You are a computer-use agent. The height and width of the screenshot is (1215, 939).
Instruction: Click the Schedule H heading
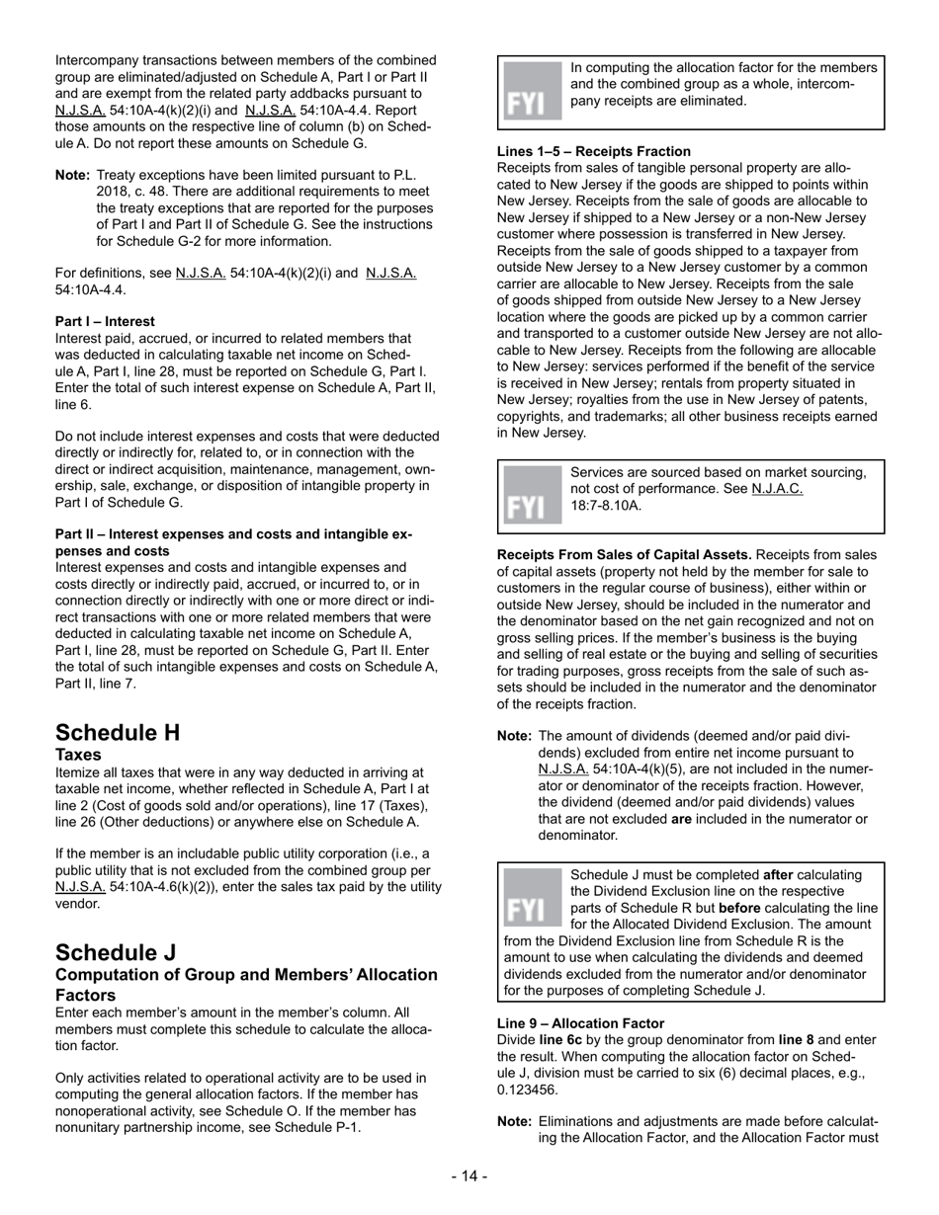coord(118,733)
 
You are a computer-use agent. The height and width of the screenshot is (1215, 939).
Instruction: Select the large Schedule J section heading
coord(116,952)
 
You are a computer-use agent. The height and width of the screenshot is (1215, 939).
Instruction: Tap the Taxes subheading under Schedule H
coord(79,754)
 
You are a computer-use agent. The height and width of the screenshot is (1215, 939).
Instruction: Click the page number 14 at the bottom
coord(469,1175)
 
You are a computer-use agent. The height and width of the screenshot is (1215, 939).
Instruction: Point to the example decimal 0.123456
coord(528,1090)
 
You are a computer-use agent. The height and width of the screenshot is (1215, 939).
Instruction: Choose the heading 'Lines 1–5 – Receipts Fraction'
coord(593,151)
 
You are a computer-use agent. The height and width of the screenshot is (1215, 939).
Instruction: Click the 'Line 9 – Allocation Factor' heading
coord(580,1023)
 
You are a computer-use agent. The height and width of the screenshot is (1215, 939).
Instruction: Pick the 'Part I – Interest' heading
coord(105,321)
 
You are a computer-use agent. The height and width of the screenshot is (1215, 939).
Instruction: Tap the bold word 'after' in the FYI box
coord(778,875)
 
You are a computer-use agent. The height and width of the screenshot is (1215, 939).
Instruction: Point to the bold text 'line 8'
coord(799,1040)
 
